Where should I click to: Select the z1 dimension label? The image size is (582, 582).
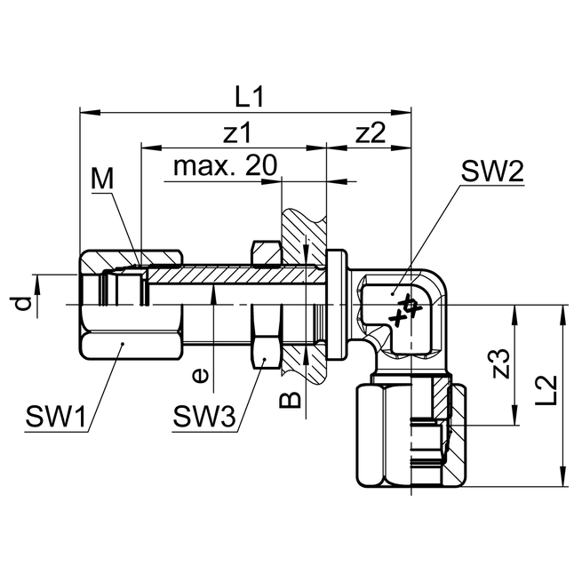[x=237, y=133]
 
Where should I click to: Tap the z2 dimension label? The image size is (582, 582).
[x=370, y=133]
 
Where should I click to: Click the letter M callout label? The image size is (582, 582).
[x=103, y=179]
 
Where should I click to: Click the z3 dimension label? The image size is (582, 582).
[x=502, y=365]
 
